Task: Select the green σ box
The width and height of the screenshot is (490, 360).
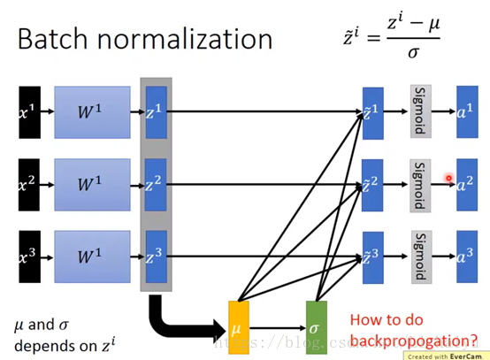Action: (x=317, y=326)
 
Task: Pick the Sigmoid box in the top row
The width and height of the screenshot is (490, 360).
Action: (x=420, y=111)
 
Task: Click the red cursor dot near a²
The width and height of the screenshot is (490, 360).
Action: (x=449, y=179)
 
